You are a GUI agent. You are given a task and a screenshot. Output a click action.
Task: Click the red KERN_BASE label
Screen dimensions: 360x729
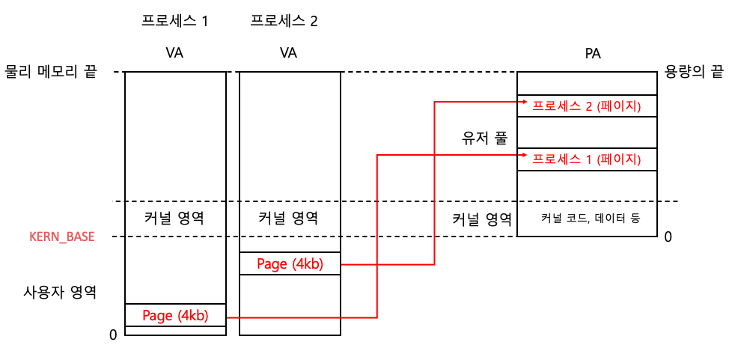(61, 237)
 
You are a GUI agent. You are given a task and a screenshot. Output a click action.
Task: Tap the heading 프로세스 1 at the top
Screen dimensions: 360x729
(174, 21)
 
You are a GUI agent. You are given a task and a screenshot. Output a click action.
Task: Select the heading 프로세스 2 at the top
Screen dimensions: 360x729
(284, 21)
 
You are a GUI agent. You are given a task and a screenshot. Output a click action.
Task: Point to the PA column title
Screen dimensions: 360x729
(593, 54)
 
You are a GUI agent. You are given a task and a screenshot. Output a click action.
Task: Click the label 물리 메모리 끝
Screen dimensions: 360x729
(51, 73)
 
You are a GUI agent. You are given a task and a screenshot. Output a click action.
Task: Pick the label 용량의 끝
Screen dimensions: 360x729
(694, 73)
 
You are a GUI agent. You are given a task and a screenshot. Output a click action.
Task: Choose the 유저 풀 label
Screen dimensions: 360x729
(485, 138)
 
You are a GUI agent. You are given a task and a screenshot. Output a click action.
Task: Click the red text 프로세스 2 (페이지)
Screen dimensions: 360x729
(586, 106)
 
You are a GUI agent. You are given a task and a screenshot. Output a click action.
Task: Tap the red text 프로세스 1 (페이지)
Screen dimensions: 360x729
(586, 159)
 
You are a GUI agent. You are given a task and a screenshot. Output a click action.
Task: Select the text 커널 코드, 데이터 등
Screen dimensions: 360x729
(592, 219)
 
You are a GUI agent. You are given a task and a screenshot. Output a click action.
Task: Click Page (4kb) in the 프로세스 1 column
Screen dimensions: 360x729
(175, 315)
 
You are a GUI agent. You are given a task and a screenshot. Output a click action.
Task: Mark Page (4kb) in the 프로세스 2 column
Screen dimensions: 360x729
(290, 263)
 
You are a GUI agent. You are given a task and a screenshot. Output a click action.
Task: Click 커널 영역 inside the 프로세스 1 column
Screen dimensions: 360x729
(174, 219)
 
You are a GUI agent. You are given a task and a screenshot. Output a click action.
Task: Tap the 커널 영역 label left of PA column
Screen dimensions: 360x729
(482, 219)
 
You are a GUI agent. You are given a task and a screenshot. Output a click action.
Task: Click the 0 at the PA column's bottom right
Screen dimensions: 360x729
(668, 237)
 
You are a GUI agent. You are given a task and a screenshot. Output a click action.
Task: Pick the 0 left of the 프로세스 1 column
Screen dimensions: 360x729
(113, 335)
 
